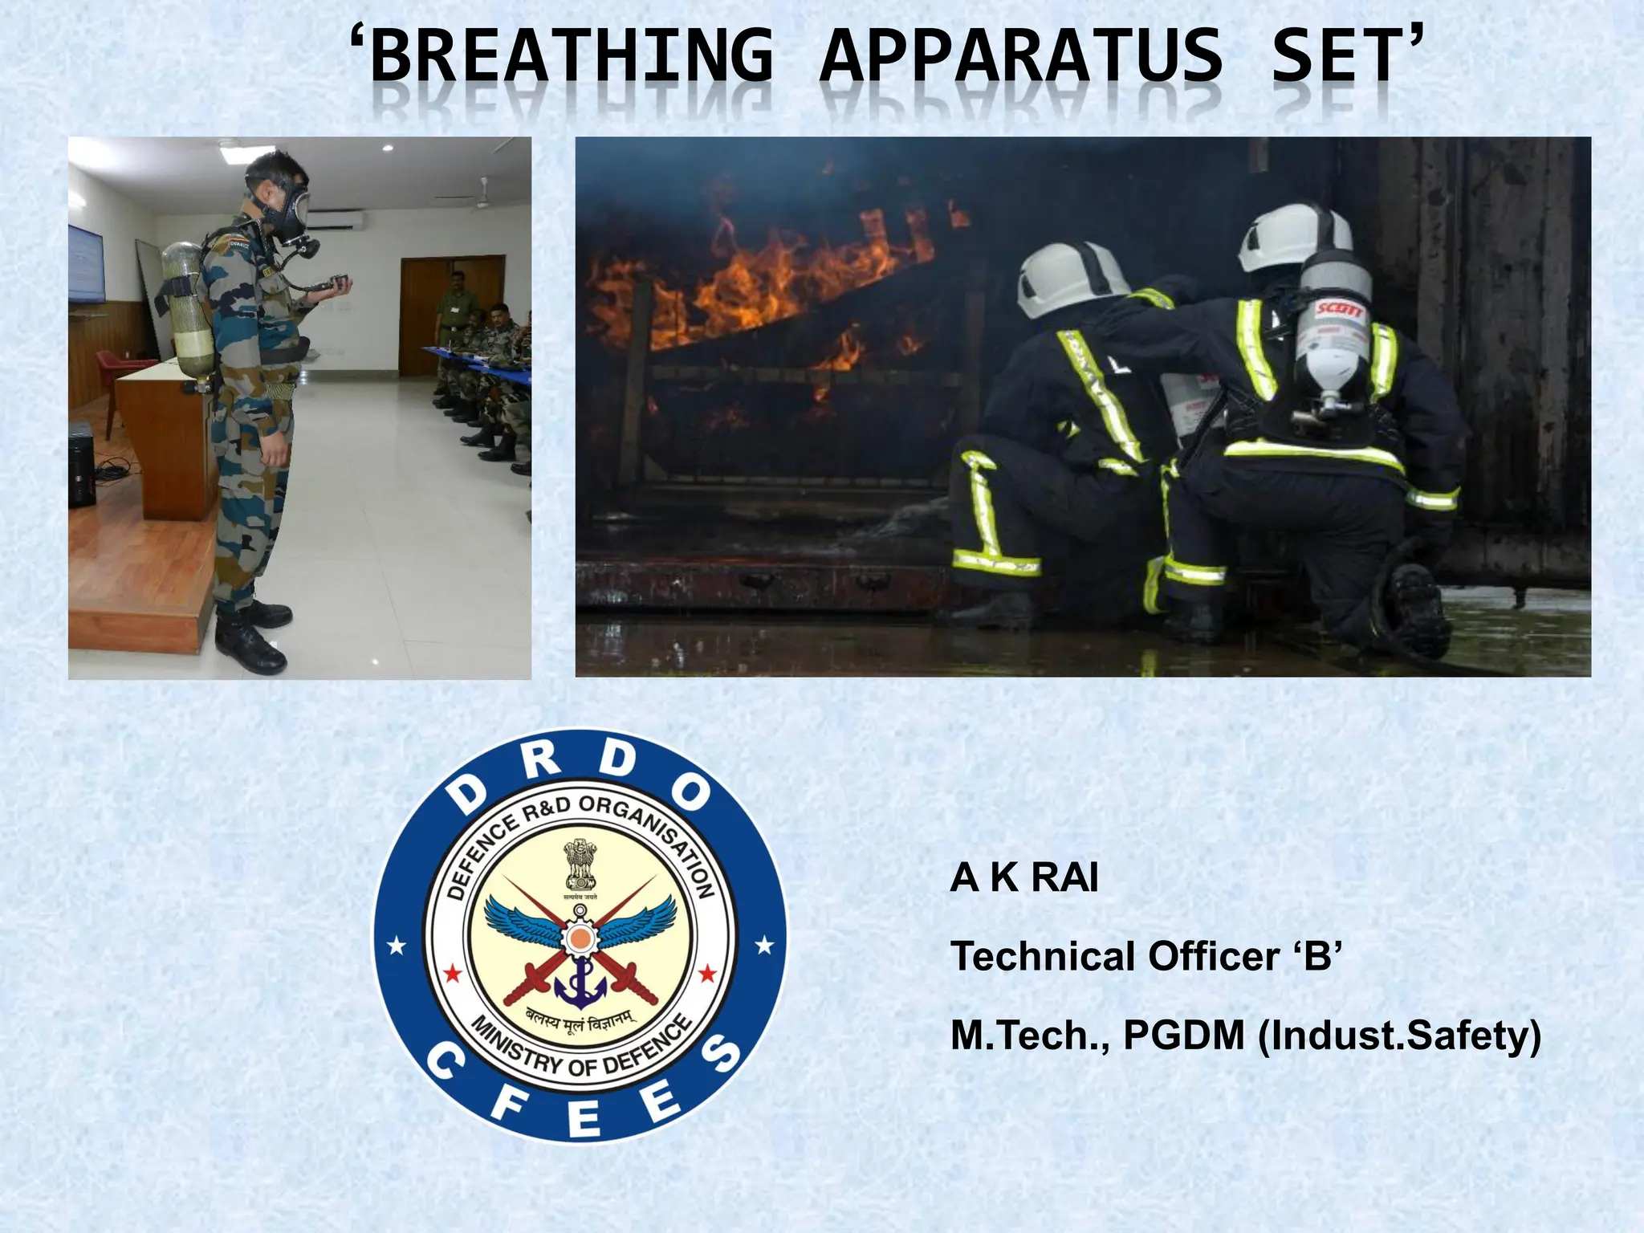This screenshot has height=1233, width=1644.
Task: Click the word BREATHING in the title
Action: point(571,56)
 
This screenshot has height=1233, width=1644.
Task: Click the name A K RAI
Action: point(1024,878)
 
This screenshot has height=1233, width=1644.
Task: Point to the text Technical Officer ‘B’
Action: point(1146,957)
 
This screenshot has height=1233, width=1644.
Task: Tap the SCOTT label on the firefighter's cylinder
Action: point(1333,309)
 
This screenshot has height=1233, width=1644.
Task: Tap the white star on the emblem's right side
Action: point(765,945)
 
